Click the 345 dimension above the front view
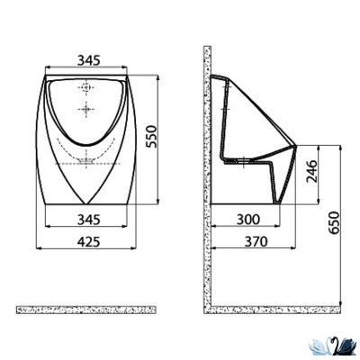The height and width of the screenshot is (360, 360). pyautogui.click(x=87, y=60)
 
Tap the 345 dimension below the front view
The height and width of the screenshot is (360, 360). pyautogui.click(x=87, y=220)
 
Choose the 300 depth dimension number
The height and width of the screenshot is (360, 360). pyautogui.click(x=253, y=220)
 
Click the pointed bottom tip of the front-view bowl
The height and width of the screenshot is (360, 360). pyautogui.click(x=87, y=205)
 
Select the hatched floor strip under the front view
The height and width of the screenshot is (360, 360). pyautogui.click(x=87, y=310)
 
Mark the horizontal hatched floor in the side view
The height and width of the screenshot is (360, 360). pyautogui.click(x=270, y=310)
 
